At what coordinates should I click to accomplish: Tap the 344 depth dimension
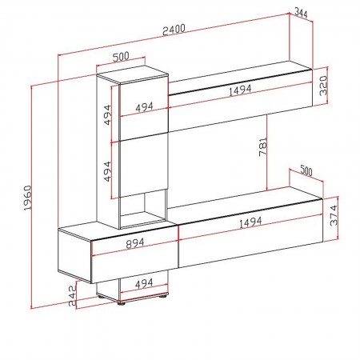(x=301, y=13)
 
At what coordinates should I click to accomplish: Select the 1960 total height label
(x=26, y=196)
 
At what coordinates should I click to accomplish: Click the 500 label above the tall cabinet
(x=121, y=57)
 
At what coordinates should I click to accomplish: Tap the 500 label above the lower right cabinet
(x=305, y=170)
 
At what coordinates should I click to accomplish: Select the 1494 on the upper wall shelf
(x=241, y=93)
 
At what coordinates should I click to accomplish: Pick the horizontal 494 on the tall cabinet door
(x=144, y=106)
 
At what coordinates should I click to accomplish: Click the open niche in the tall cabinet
(x=144, y=206)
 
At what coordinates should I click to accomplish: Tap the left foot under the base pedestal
(x=122, y=302)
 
